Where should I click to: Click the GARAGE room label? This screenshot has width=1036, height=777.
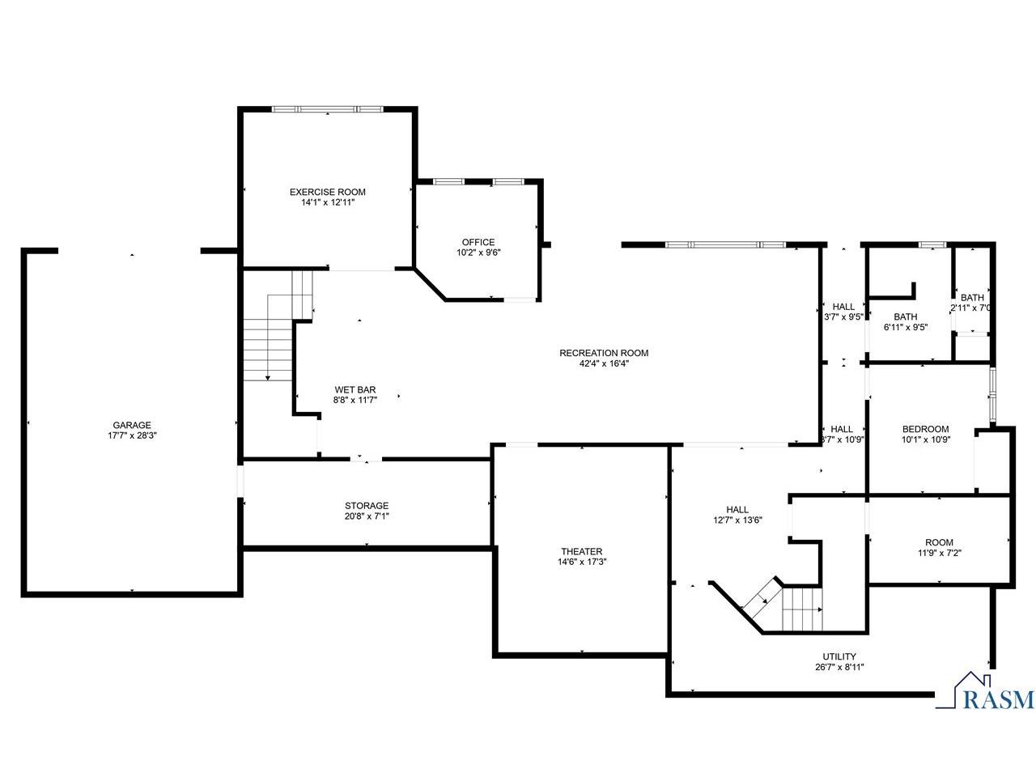pyautogui.click(x=132, y=425)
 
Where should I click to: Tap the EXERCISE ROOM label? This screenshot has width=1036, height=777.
pyautogui.click(x=328, y=192)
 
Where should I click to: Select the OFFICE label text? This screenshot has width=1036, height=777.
pyautogui.click(x=478, y=242)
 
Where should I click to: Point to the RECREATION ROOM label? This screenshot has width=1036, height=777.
pyautogui.click(x=604, y=353)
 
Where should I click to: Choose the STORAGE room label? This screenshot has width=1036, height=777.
pyautogui.click(x=367, y=506)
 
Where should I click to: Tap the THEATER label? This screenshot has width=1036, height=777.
pyautogui.click(x=580, y=552)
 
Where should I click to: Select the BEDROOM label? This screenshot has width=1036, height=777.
pyautogui.click(x=925, y=429)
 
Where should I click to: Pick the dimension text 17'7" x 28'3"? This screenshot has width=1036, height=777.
pyautogui.click(x=132, y=435)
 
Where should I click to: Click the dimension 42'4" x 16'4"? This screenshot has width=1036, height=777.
pyautogui.click(x=604, y=363)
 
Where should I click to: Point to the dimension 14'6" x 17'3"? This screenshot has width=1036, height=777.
pyautogui.click(x=580, y=563)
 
